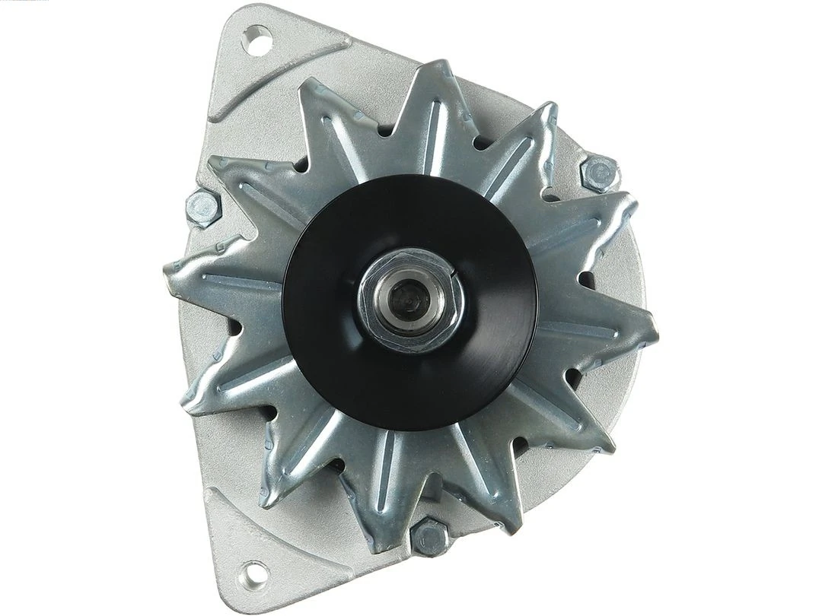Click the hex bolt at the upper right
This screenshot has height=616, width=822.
point(599,173)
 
